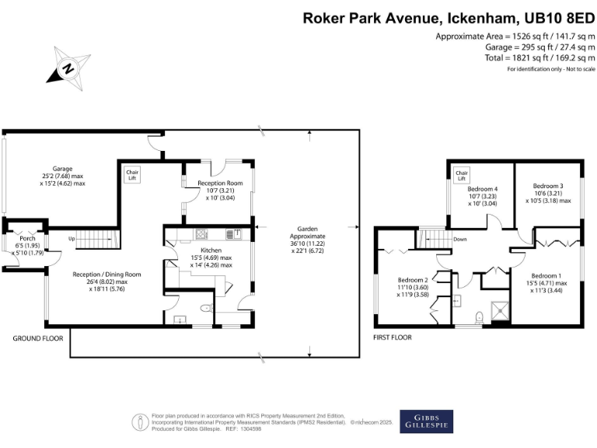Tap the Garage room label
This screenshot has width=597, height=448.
click(x=63, y=169)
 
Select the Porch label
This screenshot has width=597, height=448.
click(x=27, y=238)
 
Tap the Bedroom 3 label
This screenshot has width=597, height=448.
click(x=547, y=186)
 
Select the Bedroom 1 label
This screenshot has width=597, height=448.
click(x=546, y=276)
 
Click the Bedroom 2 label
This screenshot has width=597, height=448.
click(x=414, y=280)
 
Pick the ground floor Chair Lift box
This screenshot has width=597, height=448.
click(x=128, y=174)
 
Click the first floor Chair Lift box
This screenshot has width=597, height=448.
click(x=461, y=174)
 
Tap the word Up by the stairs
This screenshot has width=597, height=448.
click(x=72, y=239)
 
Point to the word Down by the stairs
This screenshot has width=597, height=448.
click(x=460, y=240)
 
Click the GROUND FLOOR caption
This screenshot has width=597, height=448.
click(x=37, y=338)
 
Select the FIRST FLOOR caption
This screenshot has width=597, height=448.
click(x=393, y=338)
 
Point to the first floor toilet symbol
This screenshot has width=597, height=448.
click(x=480, y=317)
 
